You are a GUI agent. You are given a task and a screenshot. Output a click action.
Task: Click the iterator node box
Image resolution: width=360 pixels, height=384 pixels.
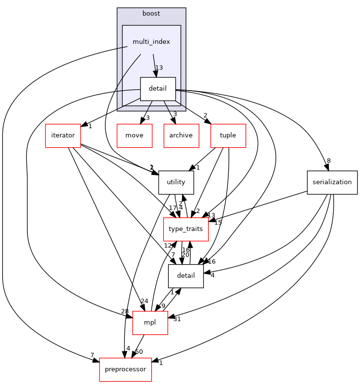pyautogui.click(x=63, y=135)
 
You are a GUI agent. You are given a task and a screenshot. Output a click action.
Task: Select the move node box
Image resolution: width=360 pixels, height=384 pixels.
pyautogui.click(x=134, y=135)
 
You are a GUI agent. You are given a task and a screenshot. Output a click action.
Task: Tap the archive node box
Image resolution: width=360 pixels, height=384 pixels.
pyautogui.click(x=181, y=135)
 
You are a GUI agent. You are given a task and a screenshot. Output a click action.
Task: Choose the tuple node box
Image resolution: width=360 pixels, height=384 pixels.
pyautogui.click(x=228, y=135)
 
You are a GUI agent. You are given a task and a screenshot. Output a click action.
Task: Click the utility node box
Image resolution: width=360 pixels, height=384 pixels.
pyautogui.click(x=176, y=182)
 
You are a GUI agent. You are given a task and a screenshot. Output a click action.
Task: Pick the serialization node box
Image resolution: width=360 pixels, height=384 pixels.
pyautogui.click(x=332, y=182)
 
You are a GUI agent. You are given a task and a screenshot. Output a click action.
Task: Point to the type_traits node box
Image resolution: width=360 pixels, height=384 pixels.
pyautogui.click(x=186, y=229)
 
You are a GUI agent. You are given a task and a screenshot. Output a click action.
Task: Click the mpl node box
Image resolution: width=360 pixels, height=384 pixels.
pyautogui.click(x=150, y=323)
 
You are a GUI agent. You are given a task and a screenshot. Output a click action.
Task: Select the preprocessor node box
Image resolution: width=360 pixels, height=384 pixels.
pyautogui.click(x=125, y=369)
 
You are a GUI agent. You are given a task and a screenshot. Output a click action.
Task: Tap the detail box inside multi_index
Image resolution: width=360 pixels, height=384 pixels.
pyautogui.click(x=158, y=89)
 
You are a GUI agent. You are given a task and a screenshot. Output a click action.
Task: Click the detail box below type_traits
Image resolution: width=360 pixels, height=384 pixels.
pyautogui.click(x=186, y=276)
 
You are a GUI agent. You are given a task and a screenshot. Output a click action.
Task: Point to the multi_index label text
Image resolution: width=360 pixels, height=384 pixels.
pyautogui.click(x=151, y=42)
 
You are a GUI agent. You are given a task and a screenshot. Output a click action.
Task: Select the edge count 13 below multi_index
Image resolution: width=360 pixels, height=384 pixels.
pyautogui.click(x=159, y=68)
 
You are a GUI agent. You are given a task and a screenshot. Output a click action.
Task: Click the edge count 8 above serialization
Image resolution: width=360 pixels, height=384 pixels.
pyautogui.click(x=329, y=161)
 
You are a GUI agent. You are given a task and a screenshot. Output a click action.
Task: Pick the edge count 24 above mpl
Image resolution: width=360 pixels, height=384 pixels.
pyautogui.click(x=144, y=301)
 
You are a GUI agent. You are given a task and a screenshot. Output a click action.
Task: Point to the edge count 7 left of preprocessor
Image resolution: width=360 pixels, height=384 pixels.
pyautogui.click(x=92, y=354)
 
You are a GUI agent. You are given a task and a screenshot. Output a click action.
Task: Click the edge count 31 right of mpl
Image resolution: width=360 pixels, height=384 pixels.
pyautogui.click(x=176, y=319)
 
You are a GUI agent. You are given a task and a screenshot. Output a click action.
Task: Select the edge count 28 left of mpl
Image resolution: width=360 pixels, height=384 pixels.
pyautogui.click(x=125, y=311)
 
